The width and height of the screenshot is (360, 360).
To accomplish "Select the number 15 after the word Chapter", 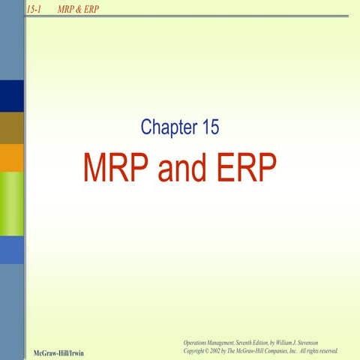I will [209, 127].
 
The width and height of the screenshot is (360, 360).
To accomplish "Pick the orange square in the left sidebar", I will [12, 157].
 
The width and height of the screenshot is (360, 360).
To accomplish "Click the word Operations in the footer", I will [196, 342].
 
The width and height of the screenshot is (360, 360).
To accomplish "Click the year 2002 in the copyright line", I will [222, 350].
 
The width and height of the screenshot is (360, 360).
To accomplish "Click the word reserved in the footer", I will [328, 350].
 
